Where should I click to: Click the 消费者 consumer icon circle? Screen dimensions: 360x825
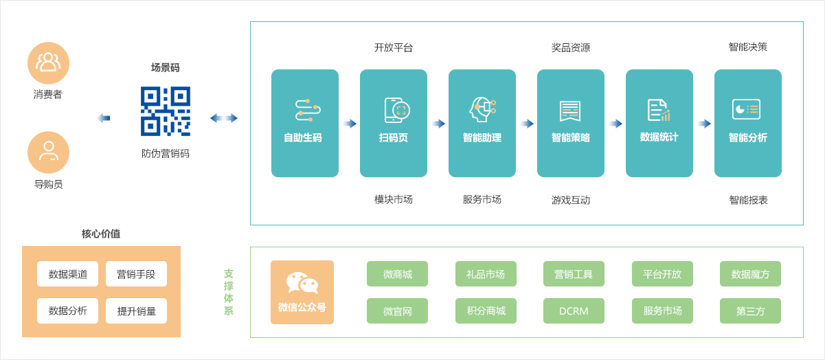[x=48, y=63]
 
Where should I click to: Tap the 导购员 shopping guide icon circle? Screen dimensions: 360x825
[x=48, y=152]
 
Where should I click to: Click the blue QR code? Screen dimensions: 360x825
[x=166, y=111]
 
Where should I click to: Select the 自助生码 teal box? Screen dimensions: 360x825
[x=305, y=123]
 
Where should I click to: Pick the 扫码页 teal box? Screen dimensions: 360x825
[x=394, y=123]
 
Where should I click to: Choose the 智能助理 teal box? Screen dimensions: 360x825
[x=482, y=123]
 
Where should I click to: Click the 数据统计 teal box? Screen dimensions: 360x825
[x=659, y=123]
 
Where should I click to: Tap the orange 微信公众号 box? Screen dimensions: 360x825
[x=302, y=292]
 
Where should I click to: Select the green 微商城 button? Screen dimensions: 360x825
[x=398, y=273]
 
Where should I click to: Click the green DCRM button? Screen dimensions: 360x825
[x=574, y=311]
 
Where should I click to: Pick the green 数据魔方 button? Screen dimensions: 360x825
[x=750, y=273]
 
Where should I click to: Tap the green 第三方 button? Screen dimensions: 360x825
[x=750, y=311]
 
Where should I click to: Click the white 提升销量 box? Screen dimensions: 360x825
[x=136, y=311]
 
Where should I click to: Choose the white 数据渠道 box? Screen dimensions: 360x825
[x=68, y=273]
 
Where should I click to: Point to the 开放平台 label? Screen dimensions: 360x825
[x=394, y=47]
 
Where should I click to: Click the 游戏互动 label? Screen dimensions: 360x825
[x=571, y=200]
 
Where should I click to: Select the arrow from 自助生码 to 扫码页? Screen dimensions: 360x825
[x=350, y=124]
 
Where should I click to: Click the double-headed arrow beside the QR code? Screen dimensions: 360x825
[x=224, y=118]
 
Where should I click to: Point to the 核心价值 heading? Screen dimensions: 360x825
[x=101, y=234]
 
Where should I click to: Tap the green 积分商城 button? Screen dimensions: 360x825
[x=486, y=311]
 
